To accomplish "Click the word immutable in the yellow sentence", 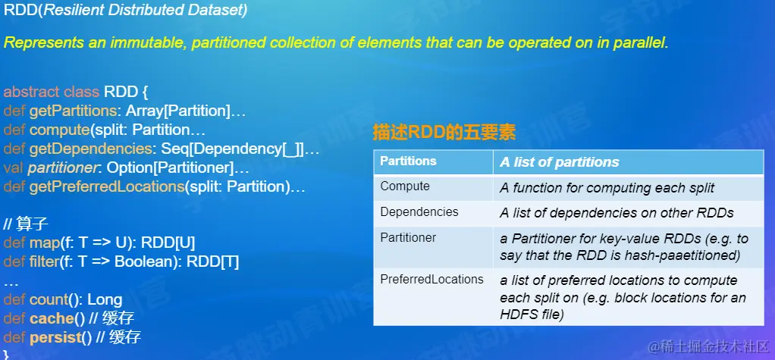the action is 149,42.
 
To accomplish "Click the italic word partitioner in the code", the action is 63,168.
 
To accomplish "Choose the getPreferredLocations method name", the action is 107,187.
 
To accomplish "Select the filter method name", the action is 45,262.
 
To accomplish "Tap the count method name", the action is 49,300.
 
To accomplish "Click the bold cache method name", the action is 52,318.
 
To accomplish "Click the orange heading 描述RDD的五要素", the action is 444,133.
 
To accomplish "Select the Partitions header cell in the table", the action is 408,161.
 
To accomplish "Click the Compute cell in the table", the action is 405,186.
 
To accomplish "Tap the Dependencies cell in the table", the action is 419,212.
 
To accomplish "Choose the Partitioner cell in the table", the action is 408,237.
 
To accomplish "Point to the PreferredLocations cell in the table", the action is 431,279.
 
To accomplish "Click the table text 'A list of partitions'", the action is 560,162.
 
